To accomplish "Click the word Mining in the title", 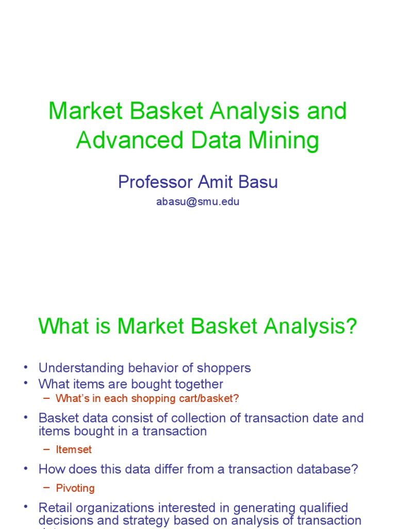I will click(287, 140).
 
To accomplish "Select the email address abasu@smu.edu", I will click(197, 202).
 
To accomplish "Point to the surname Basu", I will click(259, 182).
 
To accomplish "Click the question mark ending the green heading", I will click(352, 326).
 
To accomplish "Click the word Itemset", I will click(73, 449).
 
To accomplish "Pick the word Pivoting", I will click(75, 488).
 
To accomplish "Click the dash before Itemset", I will click(47, 449).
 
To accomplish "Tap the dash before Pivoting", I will click(47, 488).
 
